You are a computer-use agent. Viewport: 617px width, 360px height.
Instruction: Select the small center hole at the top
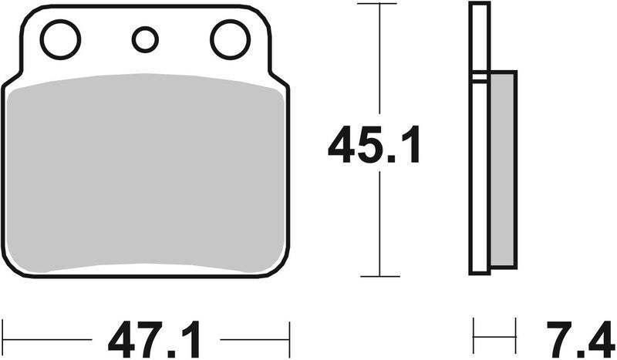144,39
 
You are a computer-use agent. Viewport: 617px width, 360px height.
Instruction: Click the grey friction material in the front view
145,173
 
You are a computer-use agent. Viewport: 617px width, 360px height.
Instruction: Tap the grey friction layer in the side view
503,170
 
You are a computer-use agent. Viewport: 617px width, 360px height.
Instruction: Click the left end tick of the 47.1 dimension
2,337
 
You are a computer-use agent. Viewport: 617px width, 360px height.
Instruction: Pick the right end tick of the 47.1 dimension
289,337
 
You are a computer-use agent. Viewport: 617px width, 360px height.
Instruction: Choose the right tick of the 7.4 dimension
515,337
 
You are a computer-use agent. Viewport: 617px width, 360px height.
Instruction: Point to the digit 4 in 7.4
598,337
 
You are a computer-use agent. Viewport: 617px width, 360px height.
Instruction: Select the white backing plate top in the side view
480,31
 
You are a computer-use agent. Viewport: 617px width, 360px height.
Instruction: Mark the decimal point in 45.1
395,160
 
